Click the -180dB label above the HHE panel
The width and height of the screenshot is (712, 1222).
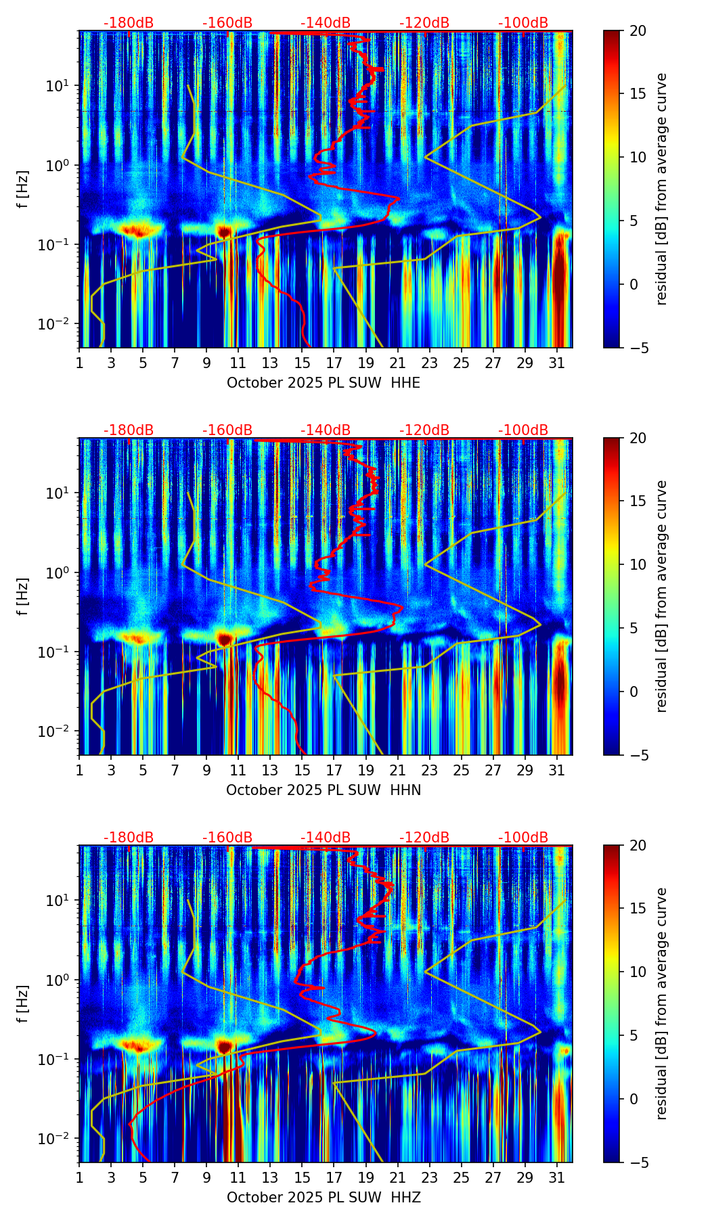(x=129, y=23)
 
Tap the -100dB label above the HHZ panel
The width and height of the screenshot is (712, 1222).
(x=523, y=838)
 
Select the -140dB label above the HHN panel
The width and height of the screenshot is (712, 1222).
(x=326, y=430)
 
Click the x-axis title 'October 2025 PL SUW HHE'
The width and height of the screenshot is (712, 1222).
(x=323, y=383)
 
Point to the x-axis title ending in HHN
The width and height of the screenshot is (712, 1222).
(x=323, y=790)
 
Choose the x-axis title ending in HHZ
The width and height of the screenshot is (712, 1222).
(x=323, y=1198)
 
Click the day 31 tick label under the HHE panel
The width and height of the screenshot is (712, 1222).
(x=556, y=363)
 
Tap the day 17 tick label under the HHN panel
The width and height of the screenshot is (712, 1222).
(x=334, y=771)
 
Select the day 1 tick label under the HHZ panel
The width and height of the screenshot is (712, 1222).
(x=80, y=1178)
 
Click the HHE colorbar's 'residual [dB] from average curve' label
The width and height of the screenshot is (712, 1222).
(x=662, y=189)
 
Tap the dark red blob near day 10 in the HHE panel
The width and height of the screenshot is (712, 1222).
(x=225, y=231)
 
